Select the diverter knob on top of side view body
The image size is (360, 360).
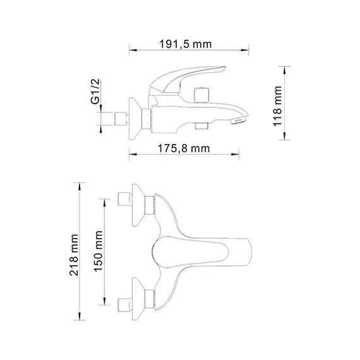(203, 94)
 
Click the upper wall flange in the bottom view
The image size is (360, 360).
(134, 205)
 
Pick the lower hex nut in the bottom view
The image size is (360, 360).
(149, 299)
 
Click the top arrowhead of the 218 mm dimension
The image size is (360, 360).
(80, 184)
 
